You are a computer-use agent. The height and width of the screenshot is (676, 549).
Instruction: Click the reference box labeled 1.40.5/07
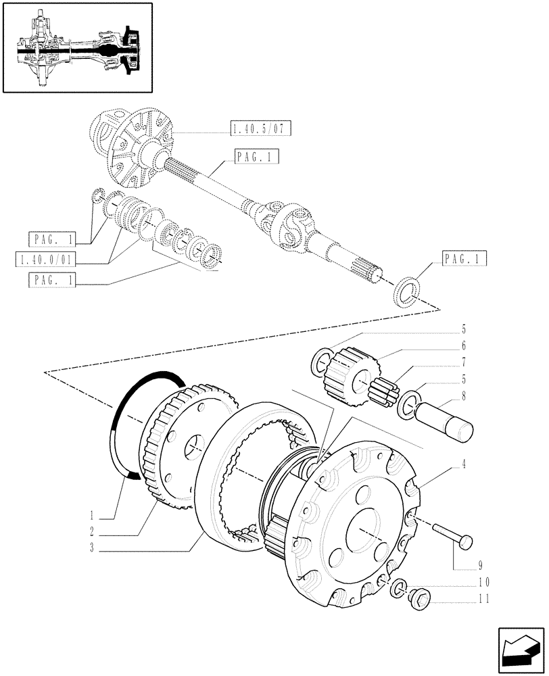point(254,128)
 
